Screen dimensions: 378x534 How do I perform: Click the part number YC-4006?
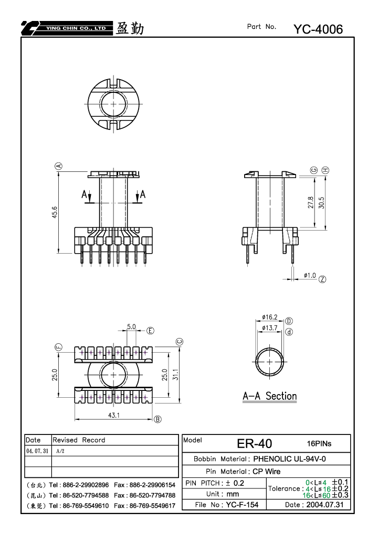318,29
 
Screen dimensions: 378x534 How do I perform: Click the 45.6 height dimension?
55,212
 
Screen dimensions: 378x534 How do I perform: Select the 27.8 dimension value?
310,202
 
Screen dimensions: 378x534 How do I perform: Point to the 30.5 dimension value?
321,203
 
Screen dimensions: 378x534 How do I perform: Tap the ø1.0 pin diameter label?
310,275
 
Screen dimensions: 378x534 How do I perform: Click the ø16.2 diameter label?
269,317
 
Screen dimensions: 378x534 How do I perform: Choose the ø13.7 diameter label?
269,328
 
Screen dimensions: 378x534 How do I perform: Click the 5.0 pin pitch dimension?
131,326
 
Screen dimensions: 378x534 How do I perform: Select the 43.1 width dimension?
114,415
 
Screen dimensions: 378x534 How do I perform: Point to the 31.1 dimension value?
176,374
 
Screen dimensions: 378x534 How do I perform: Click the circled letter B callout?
157,419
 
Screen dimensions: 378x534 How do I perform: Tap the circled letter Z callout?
322,279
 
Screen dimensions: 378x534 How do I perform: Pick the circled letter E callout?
150,331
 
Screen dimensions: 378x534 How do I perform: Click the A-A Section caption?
269,396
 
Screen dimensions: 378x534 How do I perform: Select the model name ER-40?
255,443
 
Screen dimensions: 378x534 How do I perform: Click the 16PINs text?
319,443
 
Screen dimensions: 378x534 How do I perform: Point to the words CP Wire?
267,471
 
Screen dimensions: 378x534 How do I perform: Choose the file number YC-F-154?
242,504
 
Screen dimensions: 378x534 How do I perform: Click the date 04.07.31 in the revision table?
37,451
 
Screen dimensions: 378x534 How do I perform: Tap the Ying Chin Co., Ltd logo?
67,28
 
